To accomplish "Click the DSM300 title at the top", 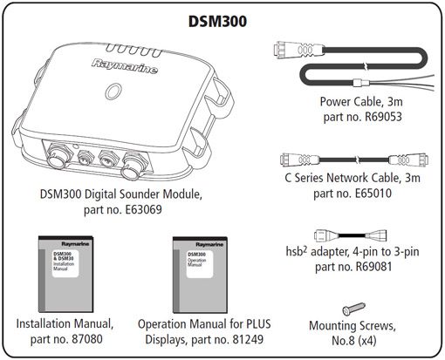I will click(222, 20).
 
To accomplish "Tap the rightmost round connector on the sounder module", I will click(138, 162).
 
